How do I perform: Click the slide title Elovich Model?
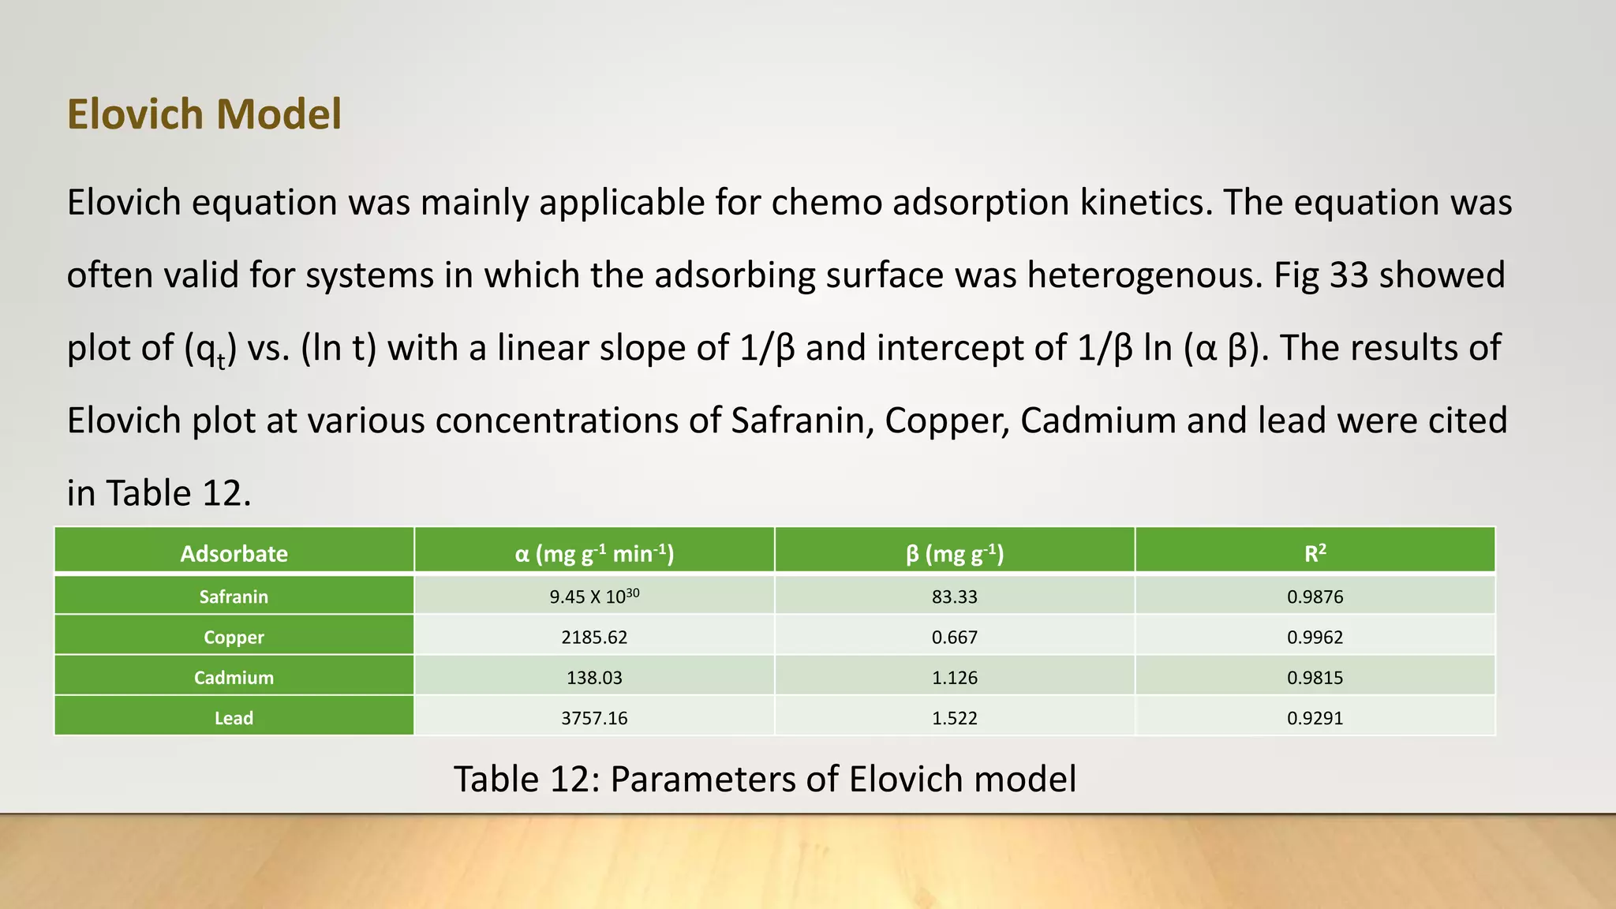pos(204,114)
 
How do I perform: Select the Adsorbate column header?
pos(234,553)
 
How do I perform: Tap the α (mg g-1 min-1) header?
pos(594,553)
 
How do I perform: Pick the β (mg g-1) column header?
pos(954,553)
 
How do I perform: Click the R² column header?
pos(1315,553)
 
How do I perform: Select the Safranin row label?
pos(234,597)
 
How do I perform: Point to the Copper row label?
pos(234,637)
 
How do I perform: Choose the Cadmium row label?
pos(234,677)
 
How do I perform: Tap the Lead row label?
pos(234,718)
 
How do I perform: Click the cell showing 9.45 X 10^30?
pos(594,597)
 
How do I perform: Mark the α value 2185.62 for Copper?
pos(594,637)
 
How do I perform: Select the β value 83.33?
pos(954,597)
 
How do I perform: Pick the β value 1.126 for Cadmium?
pos(954,677)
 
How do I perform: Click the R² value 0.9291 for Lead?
pos(1315,718)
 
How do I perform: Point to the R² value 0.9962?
pos(1315,637)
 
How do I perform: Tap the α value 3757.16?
pos(594,718)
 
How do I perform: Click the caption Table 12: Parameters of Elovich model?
pos(765,779)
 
